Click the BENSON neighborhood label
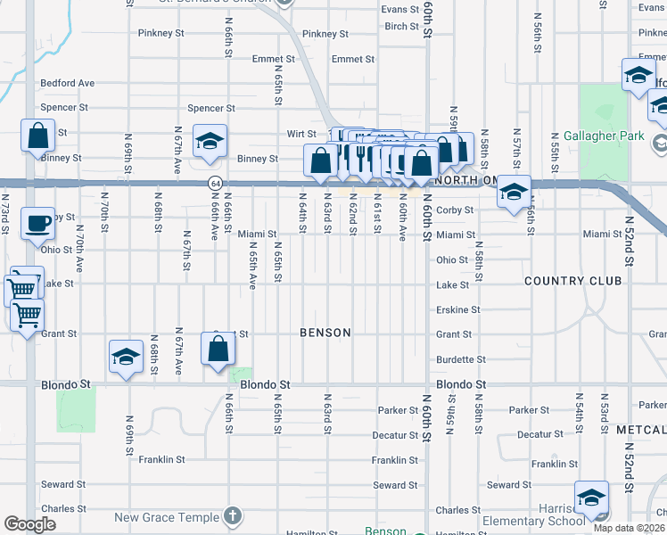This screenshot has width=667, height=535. point(325,333)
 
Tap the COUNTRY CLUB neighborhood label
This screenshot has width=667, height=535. point(572,281)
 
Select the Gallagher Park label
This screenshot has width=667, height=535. point(603,136)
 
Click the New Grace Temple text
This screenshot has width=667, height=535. point(167,517)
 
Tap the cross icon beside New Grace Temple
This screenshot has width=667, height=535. point(232,516)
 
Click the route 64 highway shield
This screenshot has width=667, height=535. point(215,183)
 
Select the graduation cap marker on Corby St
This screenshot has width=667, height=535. point(514,192)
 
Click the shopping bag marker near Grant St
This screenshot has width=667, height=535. point(218,349)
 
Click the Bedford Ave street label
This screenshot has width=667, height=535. point(68,84)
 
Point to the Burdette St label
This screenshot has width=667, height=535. point(460,360)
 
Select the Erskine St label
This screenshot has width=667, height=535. point(458,310)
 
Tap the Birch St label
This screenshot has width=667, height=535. point(401,27)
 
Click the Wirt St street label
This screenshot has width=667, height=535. point(301,134)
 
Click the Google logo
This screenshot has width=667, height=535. point(29,524)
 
